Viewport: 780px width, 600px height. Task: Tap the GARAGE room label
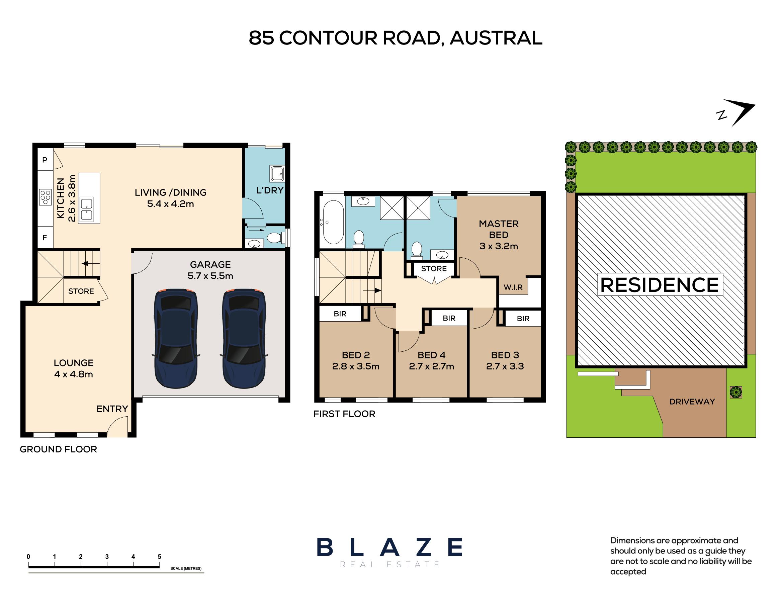point(210,265)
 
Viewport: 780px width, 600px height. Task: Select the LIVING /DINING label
point(170,192)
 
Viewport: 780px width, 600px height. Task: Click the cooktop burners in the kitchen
point(46,197)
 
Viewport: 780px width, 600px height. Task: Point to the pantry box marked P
point(45,160)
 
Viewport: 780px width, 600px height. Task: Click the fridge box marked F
point(45,238)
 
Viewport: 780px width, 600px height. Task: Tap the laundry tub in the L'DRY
point(276,174)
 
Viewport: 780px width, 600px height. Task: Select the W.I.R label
point(513,287)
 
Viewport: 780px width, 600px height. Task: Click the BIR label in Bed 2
point(340,314)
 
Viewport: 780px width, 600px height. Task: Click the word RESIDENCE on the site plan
point(660,285)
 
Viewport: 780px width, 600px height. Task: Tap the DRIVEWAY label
point(692,402)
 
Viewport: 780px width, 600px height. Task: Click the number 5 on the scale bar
point(159,557)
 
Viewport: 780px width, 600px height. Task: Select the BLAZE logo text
point(389,547)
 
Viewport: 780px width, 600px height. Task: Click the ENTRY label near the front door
point(112,409)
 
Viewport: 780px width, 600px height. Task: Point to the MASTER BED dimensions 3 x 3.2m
point(499,246)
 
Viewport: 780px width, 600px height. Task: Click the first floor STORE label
point(434,269)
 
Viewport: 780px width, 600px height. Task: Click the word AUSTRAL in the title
point(496,38)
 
